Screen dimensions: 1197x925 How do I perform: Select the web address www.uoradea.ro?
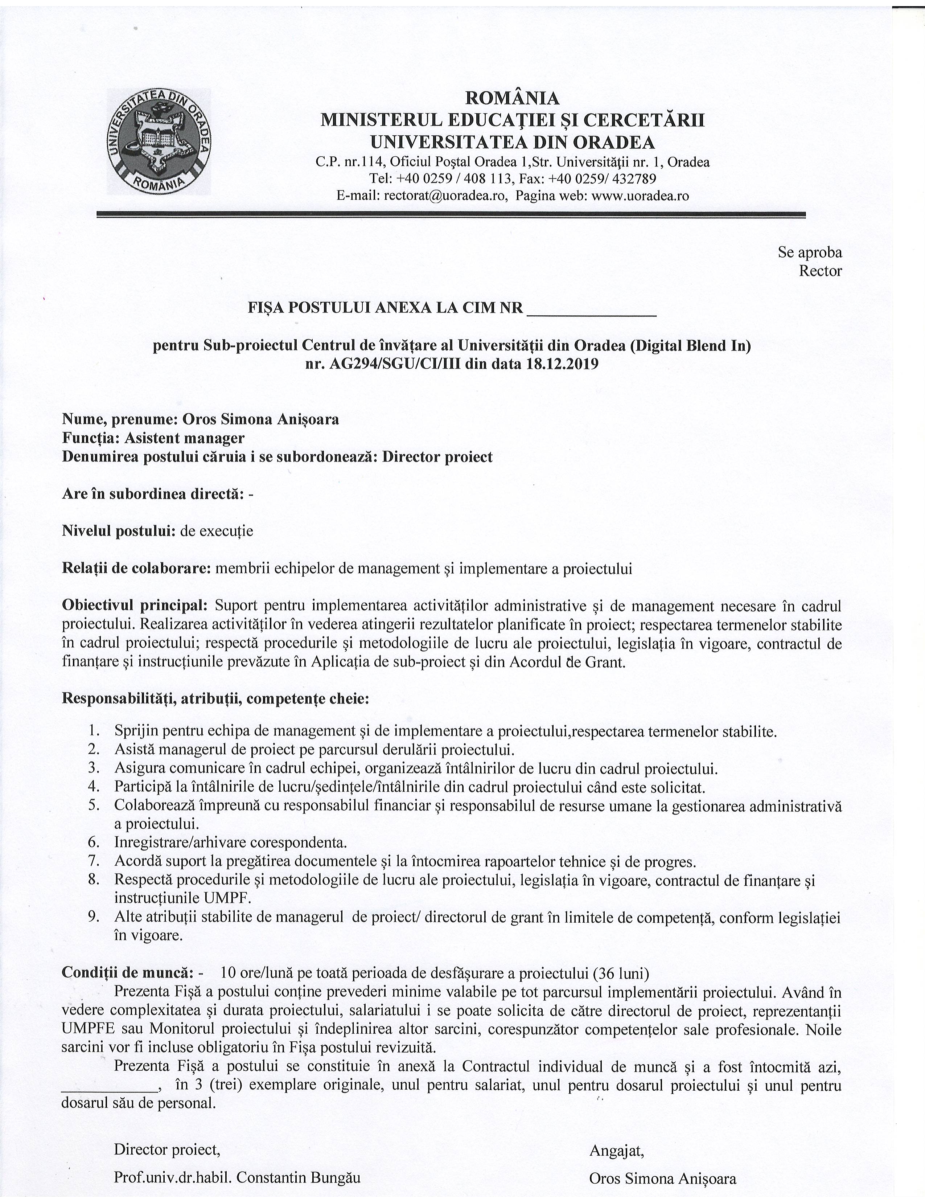[640, 196]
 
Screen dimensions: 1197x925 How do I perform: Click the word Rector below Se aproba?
[820, 271]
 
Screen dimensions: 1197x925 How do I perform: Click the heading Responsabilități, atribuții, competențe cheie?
[215, 699]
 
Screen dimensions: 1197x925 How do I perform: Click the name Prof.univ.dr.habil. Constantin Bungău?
[237, 1178]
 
